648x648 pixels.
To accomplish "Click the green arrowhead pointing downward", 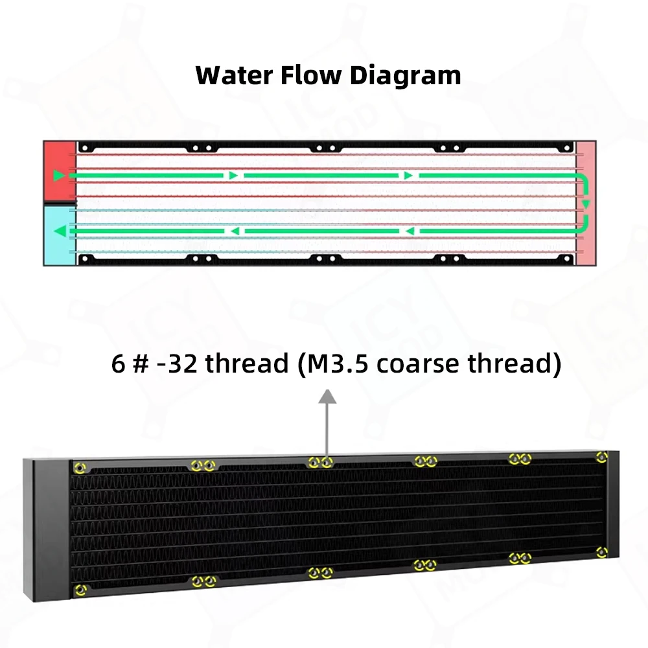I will click(x=585, y=204).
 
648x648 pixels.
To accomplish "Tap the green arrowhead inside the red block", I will click(x=59, y=175).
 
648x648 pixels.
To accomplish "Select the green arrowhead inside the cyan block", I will click(x=59, y=231).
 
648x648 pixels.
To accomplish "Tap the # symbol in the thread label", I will click(x=137, y=364).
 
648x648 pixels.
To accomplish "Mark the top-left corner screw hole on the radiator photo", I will click(x=80, y=467).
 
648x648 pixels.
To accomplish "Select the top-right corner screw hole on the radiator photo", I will click(x=601, y=457).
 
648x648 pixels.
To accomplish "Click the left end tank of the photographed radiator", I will click(x=47, y=528).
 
